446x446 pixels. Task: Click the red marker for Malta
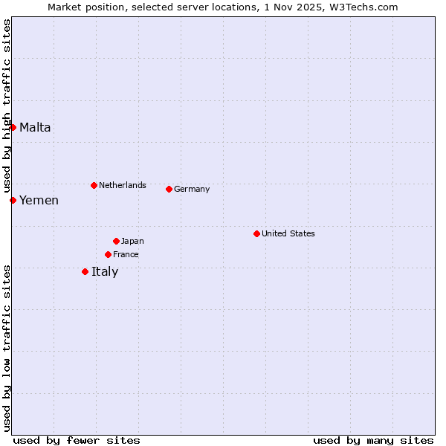tap(13, 127)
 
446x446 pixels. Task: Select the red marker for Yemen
tap(13, 200)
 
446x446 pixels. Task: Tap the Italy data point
tap(85, 271)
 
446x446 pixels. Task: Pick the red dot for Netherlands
tap(94, 185)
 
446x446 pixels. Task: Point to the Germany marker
tap(169, 189)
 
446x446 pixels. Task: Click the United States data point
tap(256, 233)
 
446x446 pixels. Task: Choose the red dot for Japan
tap(116, 241)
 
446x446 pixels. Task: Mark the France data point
tap(108, 254)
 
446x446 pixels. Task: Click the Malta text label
tap(35, 127)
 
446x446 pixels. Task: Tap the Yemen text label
tap(39, 200)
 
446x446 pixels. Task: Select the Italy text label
tap(105, 271)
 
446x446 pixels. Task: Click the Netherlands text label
tap(123, 185)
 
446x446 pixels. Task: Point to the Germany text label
tap(192, 189)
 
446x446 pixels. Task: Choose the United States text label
tap(288, 233)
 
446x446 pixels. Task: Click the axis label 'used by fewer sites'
tap(77, 440)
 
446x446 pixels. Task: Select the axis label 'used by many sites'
tap(373, 440)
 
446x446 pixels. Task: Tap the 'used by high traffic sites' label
tap(7, 106)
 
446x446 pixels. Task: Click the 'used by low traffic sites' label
tap(7, 348)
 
